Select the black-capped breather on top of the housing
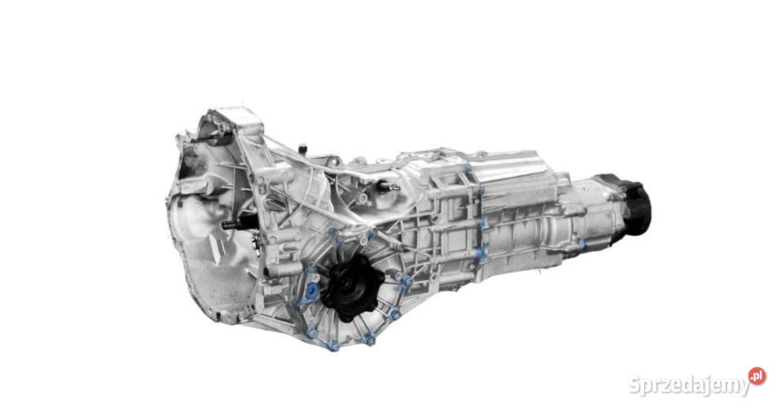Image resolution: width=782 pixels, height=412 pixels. (x=302, y=149)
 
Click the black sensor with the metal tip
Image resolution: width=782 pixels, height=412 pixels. (x=387, y=186)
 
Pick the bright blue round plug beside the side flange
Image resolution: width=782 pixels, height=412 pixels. (x=312, y=291)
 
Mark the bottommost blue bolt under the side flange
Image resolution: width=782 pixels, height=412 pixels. (x=333, y=346)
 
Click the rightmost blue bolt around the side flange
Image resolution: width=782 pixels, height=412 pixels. (x=407, y=281)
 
